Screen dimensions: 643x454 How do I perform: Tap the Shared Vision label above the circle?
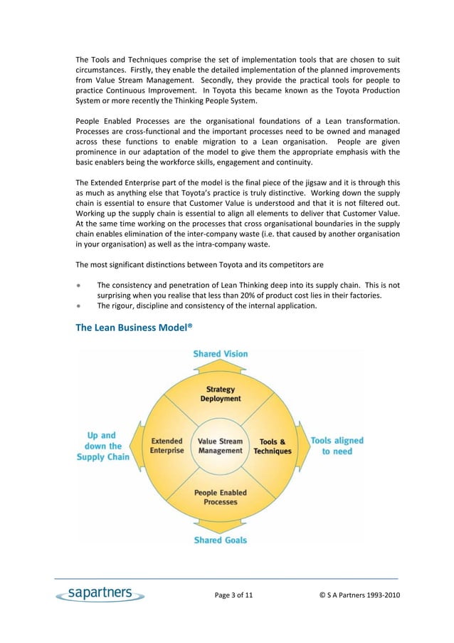[x=221, y=354]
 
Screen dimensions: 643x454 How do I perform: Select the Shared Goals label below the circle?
[x=221, y=540]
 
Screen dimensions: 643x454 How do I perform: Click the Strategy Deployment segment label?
[x=221, y=394]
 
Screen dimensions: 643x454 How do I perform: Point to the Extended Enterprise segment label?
[x=167, y=446]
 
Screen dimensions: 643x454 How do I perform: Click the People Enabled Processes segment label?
[x=221, y=496]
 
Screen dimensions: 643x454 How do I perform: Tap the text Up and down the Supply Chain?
[x=103, y=446]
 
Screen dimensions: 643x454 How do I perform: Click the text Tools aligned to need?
[x=337, y=446]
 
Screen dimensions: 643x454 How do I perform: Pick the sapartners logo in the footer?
[x=100, y=594]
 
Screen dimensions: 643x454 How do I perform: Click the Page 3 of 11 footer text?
[x=233, y=595]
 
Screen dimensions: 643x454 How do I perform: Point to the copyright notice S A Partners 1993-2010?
[x=359, y=595]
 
